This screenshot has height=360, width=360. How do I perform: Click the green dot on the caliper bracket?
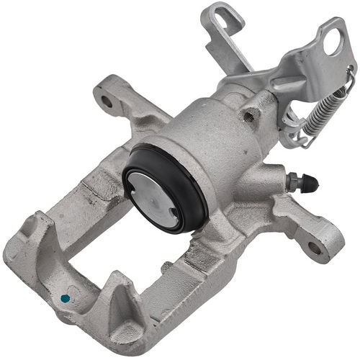click(x=66, y=297)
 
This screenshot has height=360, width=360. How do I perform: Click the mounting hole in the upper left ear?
click(x=107, y=101)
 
